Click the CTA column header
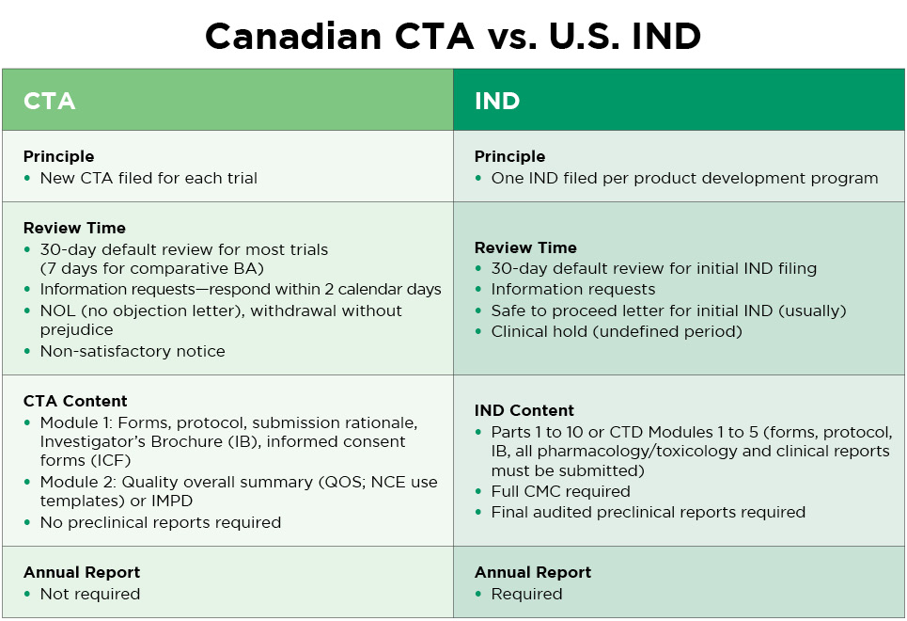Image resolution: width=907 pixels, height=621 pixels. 49,101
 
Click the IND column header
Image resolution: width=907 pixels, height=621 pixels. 497,101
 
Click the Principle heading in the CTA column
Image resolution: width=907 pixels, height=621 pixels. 58,156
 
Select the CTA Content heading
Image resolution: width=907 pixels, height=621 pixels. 75,401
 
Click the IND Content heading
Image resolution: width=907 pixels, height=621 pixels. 524,410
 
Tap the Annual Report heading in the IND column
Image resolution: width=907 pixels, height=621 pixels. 533,572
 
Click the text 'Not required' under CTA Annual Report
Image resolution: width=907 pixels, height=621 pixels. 89,594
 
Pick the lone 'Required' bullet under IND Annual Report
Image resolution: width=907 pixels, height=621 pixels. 526,594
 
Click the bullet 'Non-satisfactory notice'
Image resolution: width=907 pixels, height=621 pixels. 133,351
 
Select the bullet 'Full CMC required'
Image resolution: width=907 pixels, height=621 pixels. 560,491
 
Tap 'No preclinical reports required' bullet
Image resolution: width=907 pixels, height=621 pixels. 160,522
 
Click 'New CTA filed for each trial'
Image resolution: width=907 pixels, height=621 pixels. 149,178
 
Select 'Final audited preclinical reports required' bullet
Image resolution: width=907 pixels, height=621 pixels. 648,512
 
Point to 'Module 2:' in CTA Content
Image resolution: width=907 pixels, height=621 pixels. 74,482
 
